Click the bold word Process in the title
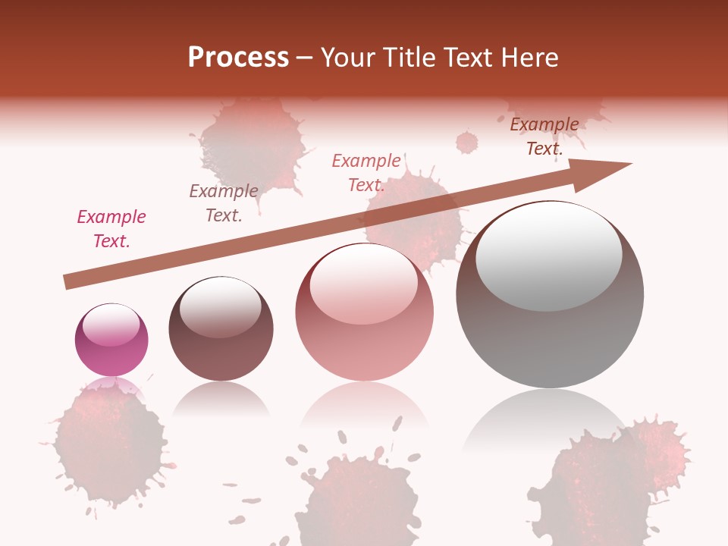click(238, 58)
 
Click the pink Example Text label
click(111, 229)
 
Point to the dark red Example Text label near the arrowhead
click(544, 136)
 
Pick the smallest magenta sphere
click(111, 340)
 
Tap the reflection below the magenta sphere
click(111, 387)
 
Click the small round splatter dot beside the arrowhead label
click(467, 142)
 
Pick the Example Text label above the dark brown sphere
click(224, 203)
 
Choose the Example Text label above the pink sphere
click(366, 173)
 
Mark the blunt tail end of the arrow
click(67, 282)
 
